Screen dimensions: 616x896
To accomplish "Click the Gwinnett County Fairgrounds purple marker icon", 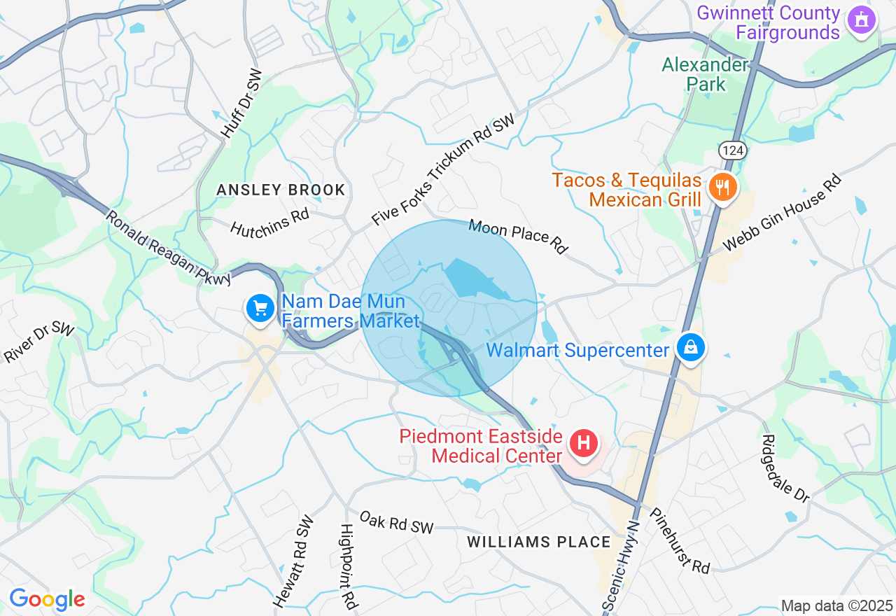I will tap(862, 20).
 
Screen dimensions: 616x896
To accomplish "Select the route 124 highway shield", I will tap(730, 150).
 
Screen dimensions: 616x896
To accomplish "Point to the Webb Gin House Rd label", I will tap(782, 213).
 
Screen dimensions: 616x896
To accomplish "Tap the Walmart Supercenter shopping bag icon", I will tap(691, 348).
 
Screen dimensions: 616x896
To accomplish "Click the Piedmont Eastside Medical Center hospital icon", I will tap(584, 443).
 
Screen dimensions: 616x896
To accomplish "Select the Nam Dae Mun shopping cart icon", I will tap(260, 308).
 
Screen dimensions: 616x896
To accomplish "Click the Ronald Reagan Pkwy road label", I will tap(168, 247).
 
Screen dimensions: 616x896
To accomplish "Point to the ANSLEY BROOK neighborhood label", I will tap(281, 190).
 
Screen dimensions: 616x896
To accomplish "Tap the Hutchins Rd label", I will tap(269, 223).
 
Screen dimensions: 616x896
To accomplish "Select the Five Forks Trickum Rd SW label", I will tap(443, 170).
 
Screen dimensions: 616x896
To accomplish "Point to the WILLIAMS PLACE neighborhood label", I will tap(539, 542).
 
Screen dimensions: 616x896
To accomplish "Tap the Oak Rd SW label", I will tap(396, 522).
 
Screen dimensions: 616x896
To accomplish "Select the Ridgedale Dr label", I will tap(785, 468).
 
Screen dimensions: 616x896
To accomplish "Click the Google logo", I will tap(47, 599).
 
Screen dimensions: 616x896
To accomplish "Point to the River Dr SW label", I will tap(39, 342).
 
